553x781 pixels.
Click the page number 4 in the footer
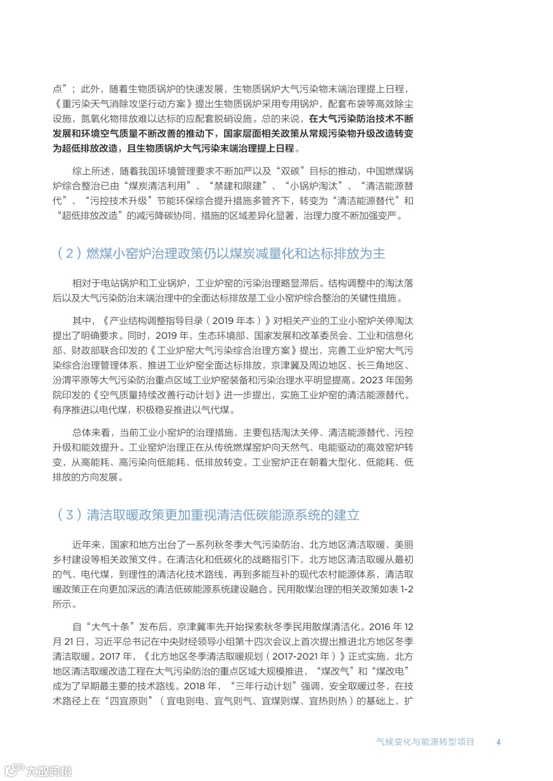click(498, 742)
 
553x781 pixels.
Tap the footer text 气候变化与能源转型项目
click(425, 742)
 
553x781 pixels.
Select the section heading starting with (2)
click(221, 253)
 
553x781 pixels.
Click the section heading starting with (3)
click(208, 515)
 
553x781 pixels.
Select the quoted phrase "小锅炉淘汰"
click(313, 186)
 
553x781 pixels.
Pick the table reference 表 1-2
click(400, 589)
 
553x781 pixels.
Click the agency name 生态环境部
click(222, 336)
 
